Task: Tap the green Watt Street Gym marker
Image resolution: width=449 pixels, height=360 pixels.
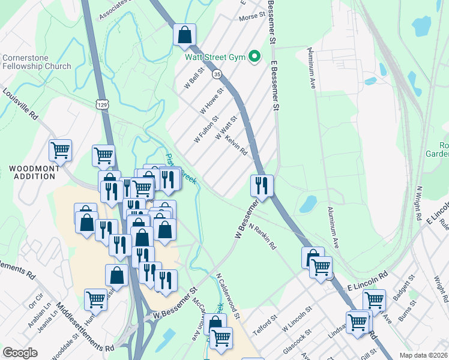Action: click(255, 57)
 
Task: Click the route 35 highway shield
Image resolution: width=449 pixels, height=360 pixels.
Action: click(217, 74)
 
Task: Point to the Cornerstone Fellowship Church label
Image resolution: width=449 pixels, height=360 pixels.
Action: click(37, 62)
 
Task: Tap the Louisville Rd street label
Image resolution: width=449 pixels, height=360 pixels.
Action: click(20, 105)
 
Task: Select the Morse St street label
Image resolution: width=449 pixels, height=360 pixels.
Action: click(252, 17)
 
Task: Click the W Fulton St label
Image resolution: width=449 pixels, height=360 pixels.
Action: click(206, 130)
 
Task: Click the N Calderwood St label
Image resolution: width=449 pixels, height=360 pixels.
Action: click(228, 296)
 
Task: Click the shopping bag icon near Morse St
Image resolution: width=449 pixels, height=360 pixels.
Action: click(185, 35)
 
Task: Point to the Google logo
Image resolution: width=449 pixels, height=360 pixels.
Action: click(20, 353)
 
